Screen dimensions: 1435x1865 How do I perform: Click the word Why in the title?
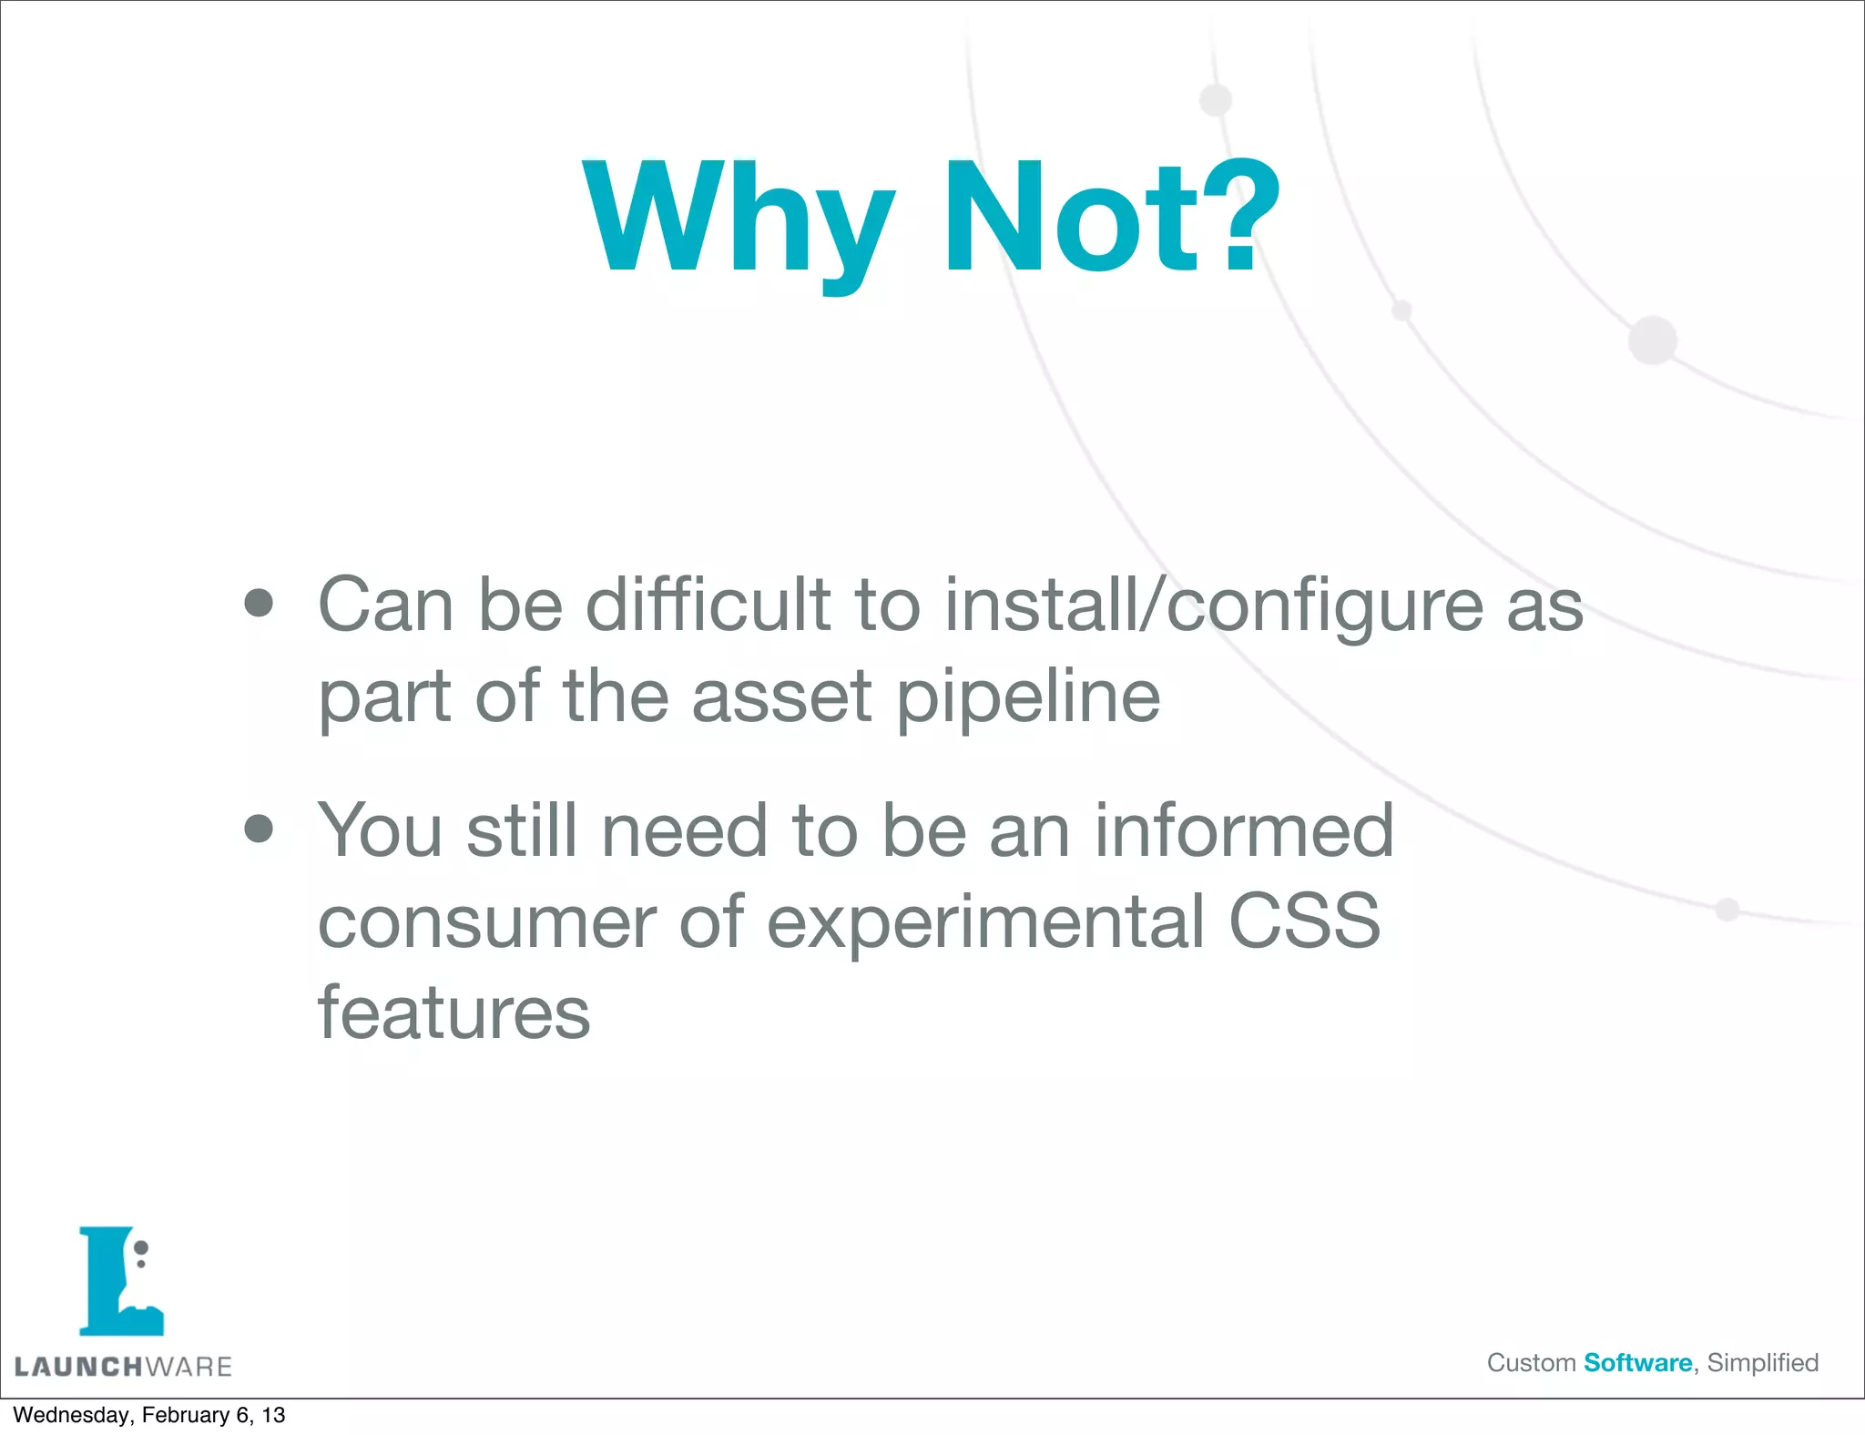(x=739, y=219)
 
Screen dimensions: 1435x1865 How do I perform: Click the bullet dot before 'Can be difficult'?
(x=260, y=604)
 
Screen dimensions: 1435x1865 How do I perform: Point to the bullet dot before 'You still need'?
(x=260, y=829)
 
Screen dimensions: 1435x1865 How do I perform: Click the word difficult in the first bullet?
(x=708, y=605)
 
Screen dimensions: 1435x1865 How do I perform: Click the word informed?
(x=1244, y=830)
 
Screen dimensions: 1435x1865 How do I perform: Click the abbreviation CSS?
(x=1305, y=921)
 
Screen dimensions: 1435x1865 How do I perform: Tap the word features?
(x=454, y=1013)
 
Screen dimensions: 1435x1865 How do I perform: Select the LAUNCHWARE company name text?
(x=123, y=1367)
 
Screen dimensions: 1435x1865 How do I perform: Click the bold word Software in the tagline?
(x=1637, y=1363)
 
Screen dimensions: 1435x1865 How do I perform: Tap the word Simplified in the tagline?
(x=1762, y=1363)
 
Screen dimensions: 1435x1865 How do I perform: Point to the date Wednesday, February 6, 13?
(x=148, y=1415)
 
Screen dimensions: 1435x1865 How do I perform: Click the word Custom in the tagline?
(x=1531, y=1363)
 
